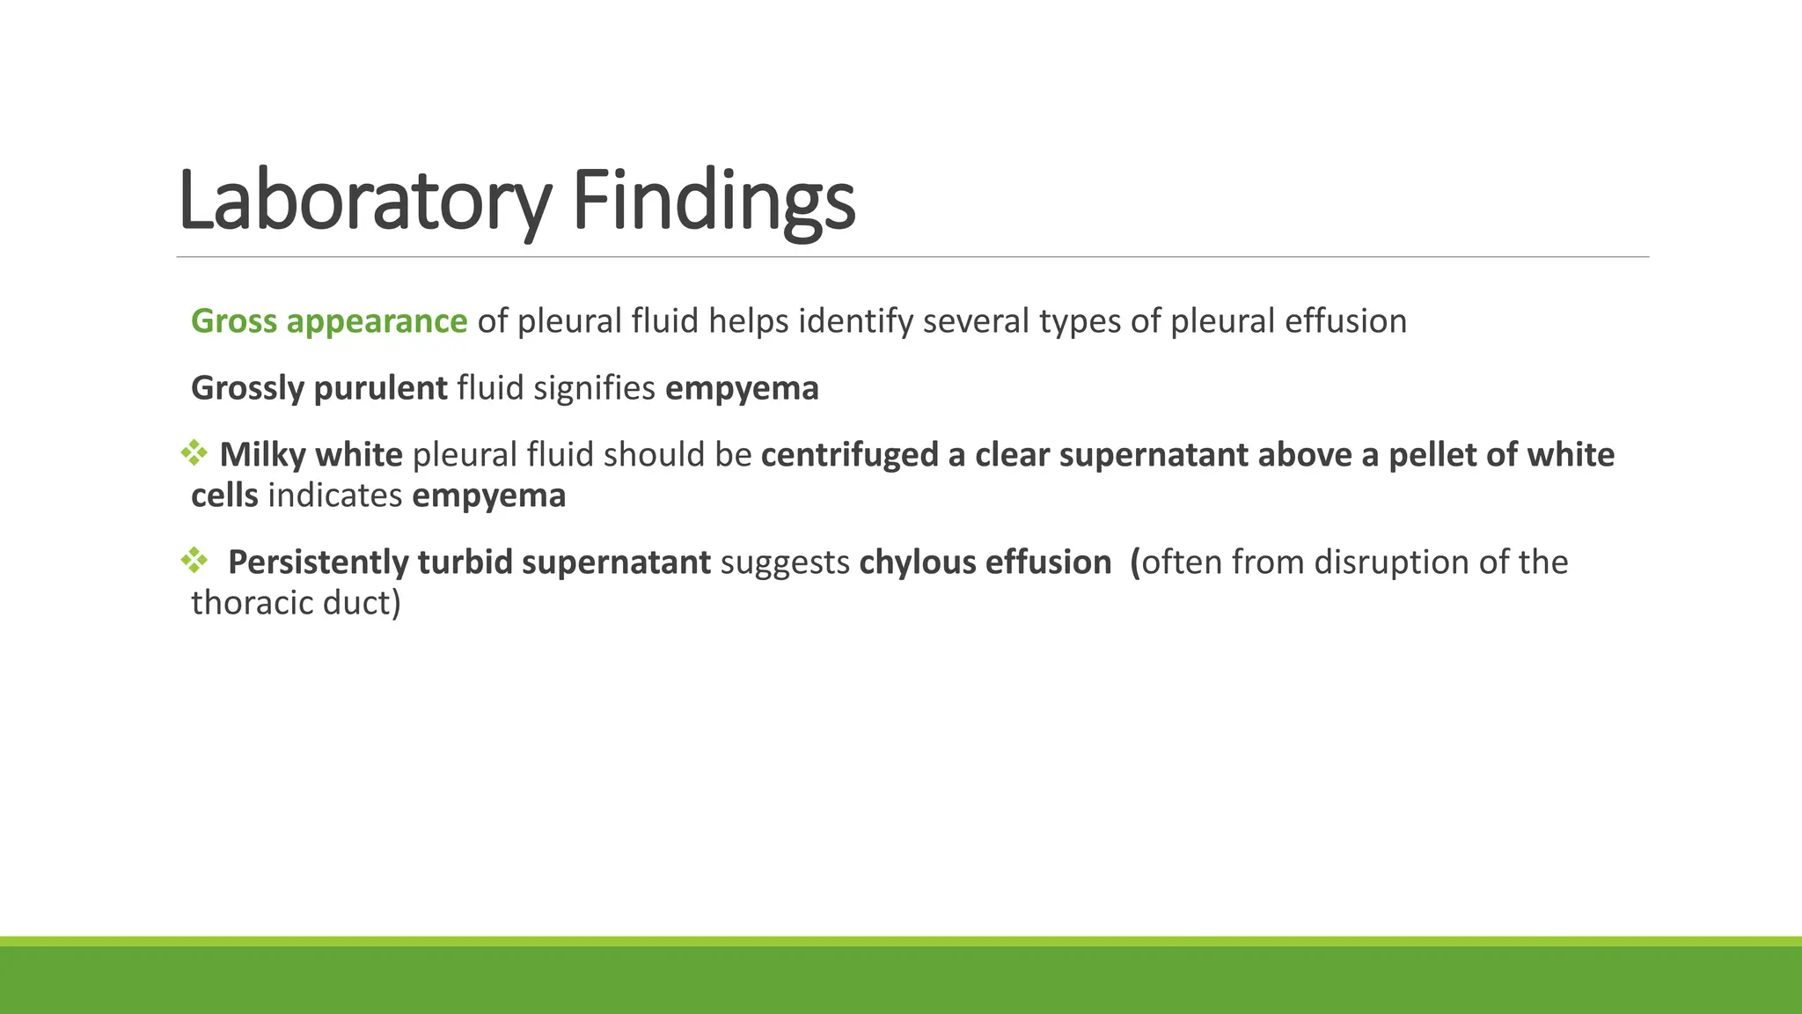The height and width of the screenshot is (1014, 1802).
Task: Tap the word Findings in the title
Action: [x=714, y=202]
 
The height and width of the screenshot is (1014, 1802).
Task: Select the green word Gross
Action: [x=234, y=321]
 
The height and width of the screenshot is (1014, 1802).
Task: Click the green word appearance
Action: [x=377, y=321]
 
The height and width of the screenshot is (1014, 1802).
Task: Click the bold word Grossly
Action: [x=247, y=388]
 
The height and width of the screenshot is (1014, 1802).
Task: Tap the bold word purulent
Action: [x=380, y=388]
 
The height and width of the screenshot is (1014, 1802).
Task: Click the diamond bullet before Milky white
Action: [x=194, y=453]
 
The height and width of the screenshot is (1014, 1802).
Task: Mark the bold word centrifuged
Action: [x=850, y=455]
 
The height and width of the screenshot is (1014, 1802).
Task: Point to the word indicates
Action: [x=334, y=496]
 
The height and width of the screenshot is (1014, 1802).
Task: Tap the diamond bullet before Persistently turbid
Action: [x=194, y=560]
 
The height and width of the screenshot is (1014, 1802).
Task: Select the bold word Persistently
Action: [x=318, y=562]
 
